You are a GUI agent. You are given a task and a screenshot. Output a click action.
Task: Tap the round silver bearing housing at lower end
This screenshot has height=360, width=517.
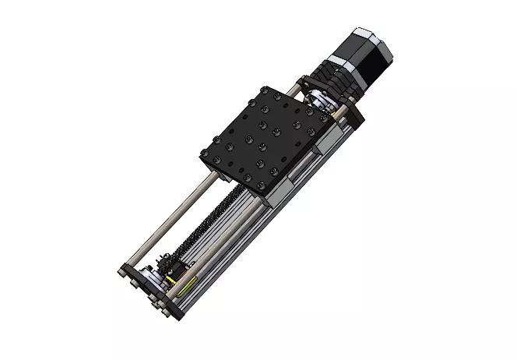(x=160, y=280)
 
